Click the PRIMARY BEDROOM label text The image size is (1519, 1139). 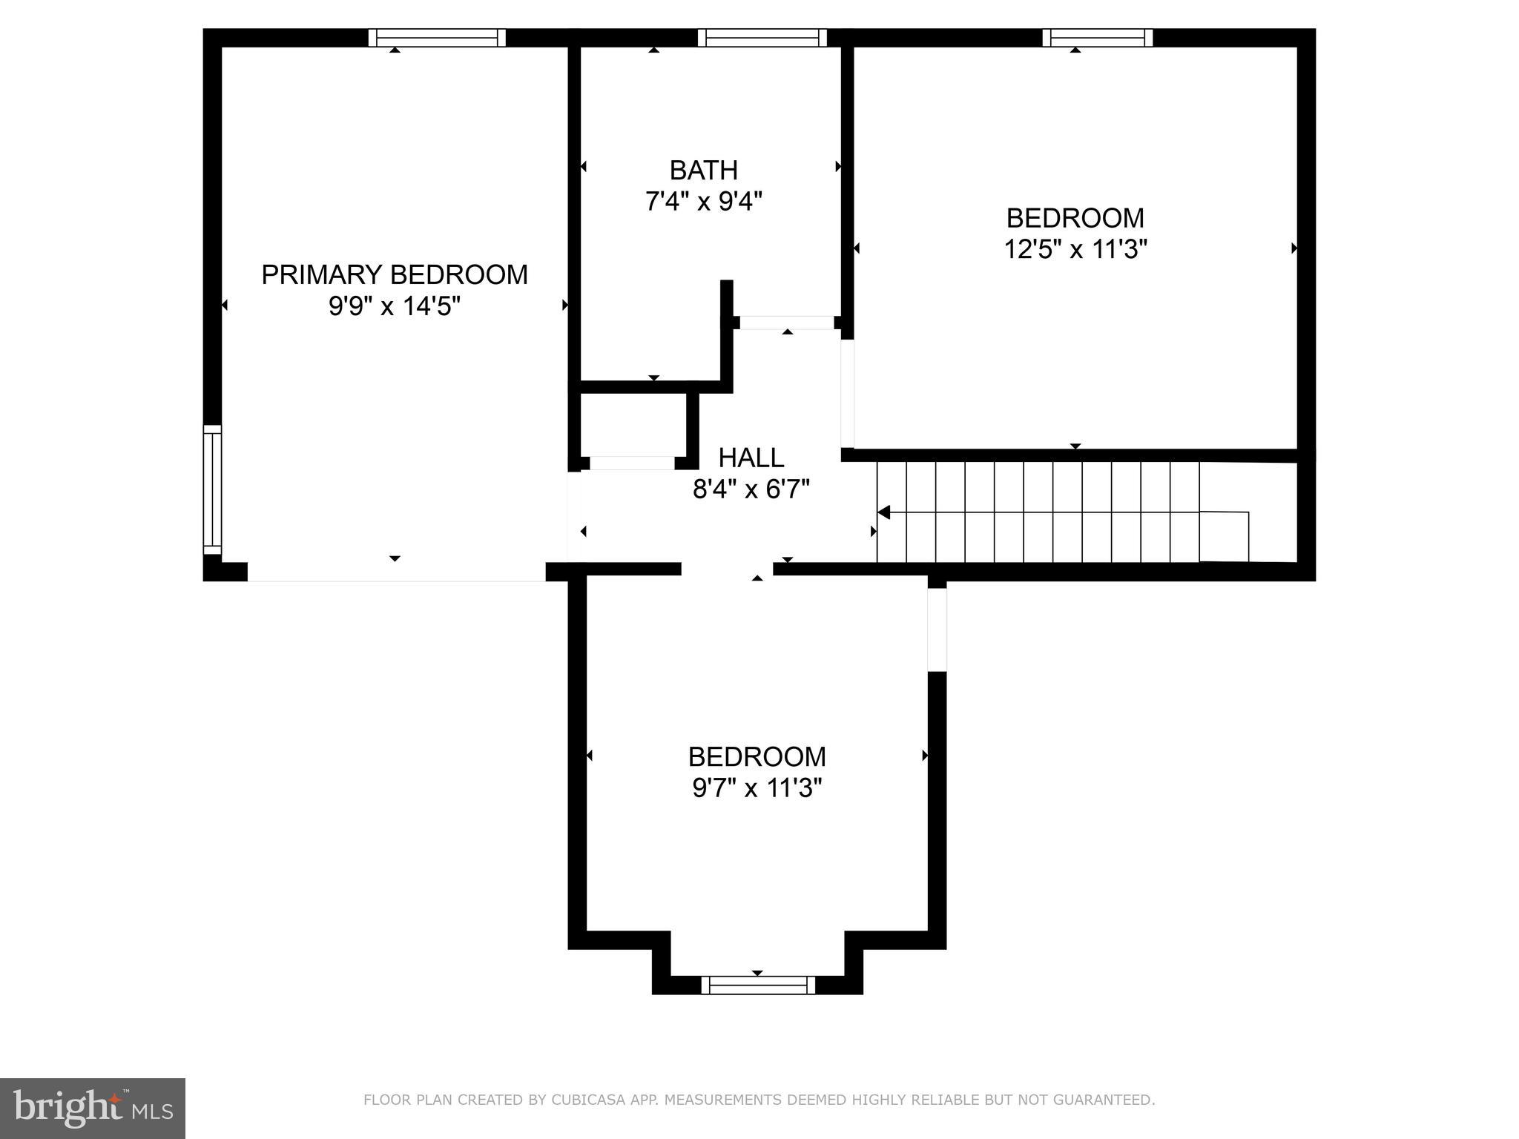[x=395, y=275]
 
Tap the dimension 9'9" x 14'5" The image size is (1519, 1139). [x=395, y=306]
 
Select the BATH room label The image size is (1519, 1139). [x=703, y=171]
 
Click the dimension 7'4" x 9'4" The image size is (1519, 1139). [x=703, y=202]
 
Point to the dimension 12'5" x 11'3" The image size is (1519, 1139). [x=1075, y=249]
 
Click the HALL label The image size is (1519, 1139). [x=751, y=458]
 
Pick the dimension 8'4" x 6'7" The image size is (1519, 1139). [x=751, y=489]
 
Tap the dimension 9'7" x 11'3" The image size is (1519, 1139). [x=757, y=788]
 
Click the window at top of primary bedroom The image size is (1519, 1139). [x=437, y=38]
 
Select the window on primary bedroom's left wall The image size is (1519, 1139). [x=212, y=489]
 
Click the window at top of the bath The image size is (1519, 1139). [x=762, y=38]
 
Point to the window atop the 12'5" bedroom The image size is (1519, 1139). [x=1097, y=38]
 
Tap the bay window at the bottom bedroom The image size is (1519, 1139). [x=757, y=985]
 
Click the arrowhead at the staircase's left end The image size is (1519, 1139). [x=883, y=512]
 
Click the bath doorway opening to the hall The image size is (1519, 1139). [x=787, y=323]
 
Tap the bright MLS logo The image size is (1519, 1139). [x=92, y=1109]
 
